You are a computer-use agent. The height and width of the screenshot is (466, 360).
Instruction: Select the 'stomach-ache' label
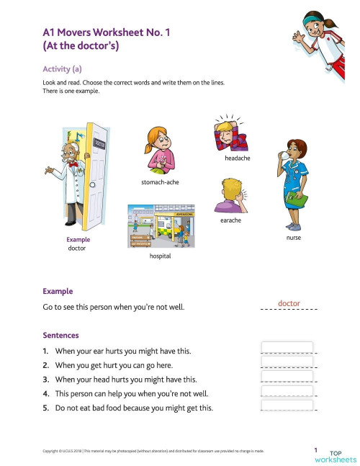pyautogui.click(x=160, y=182)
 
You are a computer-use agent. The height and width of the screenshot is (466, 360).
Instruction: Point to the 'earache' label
pyautogui.click(x=230, y=220)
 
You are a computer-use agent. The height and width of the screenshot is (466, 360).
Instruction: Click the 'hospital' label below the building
pyautogui.click(x=160, y=256)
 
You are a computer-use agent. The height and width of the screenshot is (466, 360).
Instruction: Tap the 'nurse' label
pyautogui.click(x=293, y=237)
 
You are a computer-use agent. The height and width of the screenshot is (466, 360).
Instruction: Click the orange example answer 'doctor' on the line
pyautogui.click(x=289, y=304)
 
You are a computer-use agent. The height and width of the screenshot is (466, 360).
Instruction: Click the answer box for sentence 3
pyautogui.click(x=287, y=377)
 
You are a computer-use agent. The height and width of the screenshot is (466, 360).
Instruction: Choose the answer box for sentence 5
pyautogui.click(x=287, y=405)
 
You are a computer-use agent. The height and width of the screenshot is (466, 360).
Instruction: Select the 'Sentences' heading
pyautogui.click(x=60, y=336)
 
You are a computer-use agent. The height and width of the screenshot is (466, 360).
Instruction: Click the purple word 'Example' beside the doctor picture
pyautogui.click(x=77, y=239)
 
